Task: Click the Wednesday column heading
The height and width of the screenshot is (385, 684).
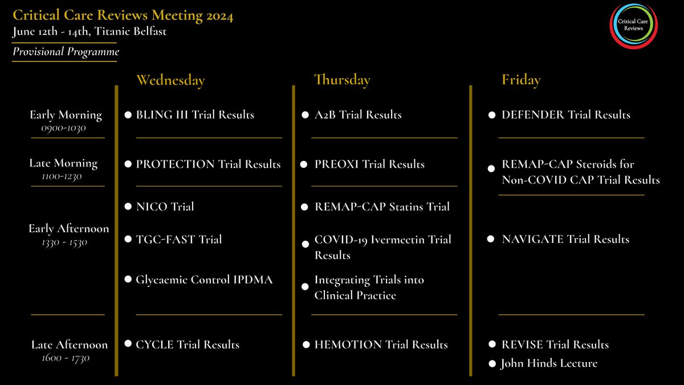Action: click(x=170, y=80)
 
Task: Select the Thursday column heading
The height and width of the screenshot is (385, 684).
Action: click(x=342, y=80)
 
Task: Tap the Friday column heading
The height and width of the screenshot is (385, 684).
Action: click(x=521, y=80)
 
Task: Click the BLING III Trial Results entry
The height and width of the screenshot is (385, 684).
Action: click(x=195, y=115)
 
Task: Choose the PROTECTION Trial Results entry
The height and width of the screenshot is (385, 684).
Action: click(x=208, y=164)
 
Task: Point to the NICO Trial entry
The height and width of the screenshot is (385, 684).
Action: click(x=165, y=206)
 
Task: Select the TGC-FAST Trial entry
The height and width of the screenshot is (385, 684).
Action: click(x=178, y=240)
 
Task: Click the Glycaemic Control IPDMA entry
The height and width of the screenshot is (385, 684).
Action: click(x=204, y=279)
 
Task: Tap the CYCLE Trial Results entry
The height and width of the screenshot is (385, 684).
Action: click(x=188, y=345)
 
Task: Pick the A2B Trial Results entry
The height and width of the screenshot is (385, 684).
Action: click(x=358, y=115)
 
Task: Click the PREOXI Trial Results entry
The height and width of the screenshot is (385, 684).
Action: click(x=369, y=164)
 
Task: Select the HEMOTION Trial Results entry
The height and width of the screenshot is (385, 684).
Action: click(x=381, y=345)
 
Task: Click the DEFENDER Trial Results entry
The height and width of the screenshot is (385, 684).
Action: click(x=565, y=115)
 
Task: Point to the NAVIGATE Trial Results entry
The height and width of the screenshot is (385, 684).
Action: click(x=565, y=240)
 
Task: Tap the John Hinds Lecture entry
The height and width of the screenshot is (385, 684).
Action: click(x=549, y=363)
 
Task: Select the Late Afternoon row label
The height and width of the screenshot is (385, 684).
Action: click(x=69, y=345)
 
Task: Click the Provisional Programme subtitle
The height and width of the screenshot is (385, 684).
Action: click(x=66, y=52)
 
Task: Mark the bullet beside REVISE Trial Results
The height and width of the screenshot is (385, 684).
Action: click(x=492, y=345)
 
